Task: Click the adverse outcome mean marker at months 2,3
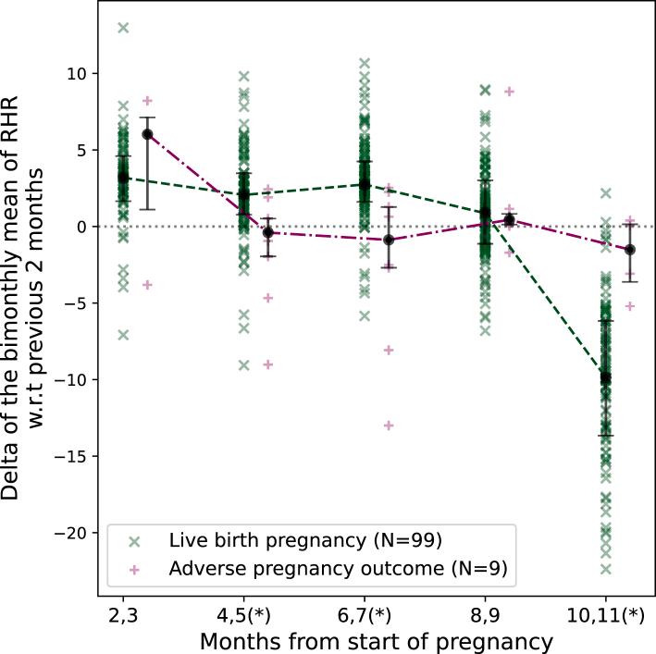[147, 134]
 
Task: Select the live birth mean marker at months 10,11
[606, 377]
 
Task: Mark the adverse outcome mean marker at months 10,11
[630, 250]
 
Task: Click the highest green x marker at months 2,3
[123, 28]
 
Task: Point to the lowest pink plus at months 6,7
[389, 426]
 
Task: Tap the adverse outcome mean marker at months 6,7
[389, 240]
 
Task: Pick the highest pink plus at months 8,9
[509, 92]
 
